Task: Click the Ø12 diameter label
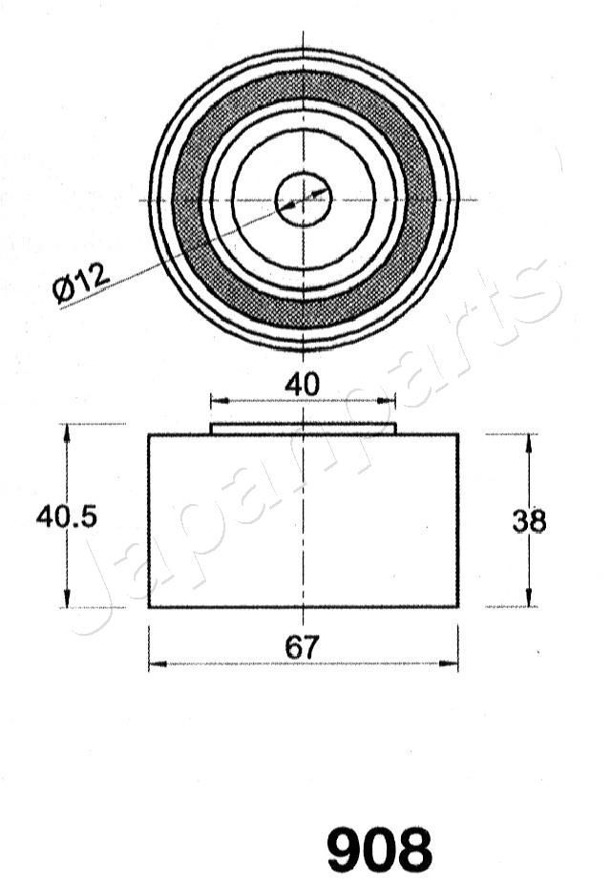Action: click(x=82, y=284)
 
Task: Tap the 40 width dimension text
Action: click(x=302, y=385)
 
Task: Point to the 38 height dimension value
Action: click(x=529, y=521)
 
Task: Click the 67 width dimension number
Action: click(x=302, y=647)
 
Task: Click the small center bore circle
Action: click(x=304, y=200)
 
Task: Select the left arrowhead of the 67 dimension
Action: click(x=156, y=662)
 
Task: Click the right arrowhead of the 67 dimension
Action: click(x=452, y=662)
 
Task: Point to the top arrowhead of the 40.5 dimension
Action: click(x=67, y=431)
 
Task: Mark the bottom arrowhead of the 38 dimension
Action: click(x=529, y=600)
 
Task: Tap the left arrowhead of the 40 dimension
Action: click(x=217, y=402)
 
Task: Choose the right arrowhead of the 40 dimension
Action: click(x=390, y=402)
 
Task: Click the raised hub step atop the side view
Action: click(x=303, y=429)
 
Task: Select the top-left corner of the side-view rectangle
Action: click(x=149, y=435)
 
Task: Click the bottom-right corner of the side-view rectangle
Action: click(x=458, y=607)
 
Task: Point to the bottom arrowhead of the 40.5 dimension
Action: click(x=67, y=600)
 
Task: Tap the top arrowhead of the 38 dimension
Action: click(x=529, y=441)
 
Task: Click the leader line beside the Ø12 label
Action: click(x=191, y=248)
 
